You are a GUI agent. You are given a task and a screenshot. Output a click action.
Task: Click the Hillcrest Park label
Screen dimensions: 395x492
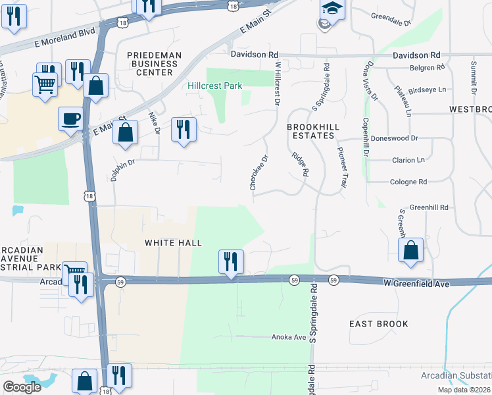coord(214,86)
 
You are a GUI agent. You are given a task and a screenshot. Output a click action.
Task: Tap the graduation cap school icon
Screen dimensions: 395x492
coord(332,10)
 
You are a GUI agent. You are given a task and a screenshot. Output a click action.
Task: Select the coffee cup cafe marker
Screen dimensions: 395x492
coord(71,118)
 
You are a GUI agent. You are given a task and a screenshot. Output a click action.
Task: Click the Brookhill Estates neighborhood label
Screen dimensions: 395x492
coord(311,130)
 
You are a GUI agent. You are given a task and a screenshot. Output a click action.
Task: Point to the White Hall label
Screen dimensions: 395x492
coord(173,243)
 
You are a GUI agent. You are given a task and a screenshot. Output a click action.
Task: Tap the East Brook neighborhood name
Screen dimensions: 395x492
coord(378,324)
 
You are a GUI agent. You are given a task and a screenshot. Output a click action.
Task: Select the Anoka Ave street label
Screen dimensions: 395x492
coord(289,337)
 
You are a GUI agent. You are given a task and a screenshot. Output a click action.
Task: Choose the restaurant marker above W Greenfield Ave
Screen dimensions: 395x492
coord(231,261)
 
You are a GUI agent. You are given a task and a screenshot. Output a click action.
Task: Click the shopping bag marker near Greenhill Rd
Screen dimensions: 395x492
coord(410,250)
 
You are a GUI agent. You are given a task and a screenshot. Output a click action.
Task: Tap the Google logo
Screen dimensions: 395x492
coord(22,387)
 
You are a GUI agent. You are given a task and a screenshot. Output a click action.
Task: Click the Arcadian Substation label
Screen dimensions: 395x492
coord(455,375)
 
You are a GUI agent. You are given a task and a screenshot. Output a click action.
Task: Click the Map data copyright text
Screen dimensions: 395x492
coord(464,390)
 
